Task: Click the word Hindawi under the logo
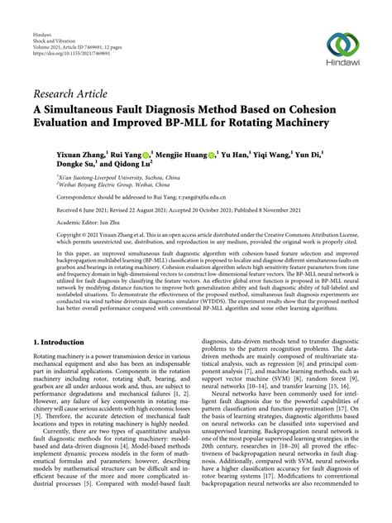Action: pos(342,65)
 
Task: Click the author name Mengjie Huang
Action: pos(183,153)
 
